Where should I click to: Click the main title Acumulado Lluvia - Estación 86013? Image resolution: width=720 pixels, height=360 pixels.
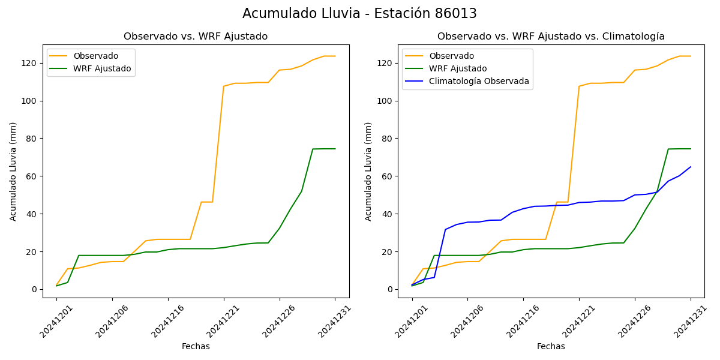(x=359, y=14)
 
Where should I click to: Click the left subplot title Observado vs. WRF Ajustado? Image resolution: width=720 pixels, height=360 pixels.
(x=196, y=37)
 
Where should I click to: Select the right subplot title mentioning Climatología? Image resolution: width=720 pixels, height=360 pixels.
(x=551, y=37)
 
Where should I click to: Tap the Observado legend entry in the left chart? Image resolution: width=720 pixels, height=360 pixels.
(x=95, y=56)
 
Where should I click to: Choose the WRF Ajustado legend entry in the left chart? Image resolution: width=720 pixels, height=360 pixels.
(x=102, y=68)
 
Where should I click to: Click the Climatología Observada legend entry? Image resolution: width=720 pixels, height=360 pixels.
(x=479, y=82)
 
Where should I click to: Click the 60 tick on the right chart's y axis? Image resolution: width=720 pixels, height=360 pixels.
(x=388, y=176)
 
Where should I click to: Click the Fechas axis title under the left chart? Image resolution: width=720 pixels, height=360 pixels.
(x=196, y=346)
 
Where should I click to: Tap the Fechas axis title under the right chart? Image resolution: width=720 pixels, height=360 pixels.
(x=551, y=346)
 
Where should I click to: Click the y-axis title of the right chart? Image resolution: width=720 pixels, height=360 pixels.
(x=368, y=172)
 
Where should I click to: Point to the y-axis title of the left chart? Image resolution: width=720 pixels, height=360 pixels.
(x=13, y=172)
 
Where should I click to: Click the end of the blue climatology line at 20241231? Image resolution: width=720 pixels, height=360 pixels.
(x=690, y=167)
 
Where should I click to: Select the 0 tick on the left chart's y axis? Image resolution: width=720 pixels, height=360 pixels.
(x=35, y=289)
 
